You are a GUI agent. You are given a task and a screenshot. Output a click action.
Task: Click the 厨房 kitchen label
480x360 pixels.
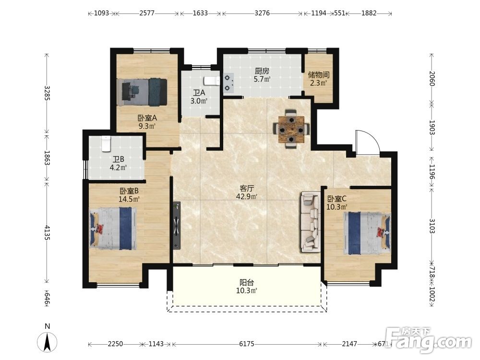pyautogui.click(x=262, y=72)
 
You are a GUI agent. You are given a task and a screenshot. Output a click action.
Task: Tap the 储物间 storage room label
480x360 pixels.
pyautogui.click(x=319, y=75)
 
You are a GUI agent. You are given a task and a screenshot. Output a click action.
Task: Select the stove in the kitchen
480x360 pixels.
pyautogui.click(x=228, y=83)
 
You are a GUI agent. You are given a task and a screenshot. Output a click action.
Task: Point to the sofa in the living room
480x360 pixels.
pyautogui.click(x=311, y=222)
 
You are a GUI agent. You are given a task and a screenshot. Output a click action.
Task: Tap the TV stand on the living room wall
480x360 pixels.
pyautogui.click(x=177, y=226)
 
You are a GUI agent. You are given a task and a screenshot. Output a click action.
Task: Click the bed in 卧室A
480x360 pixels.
pyautogui.click(x=142, y=92)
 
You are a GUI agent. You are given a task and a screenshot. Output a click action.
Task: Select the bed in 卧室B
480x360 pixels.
pyautogui.click(x=113, y=228)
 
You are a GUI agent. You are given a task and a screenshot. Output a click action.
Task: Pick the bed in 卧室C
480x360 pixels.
pyautogui.click(x=367, y=233)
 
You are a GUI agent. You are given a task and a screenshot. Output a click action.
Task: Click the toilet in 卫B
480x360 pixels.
pyautogui.click(x=106, y=144)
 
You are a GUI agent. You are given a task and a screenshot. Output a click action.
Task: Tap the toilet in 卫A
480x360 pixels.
pyautogui.click(x=212, y=81)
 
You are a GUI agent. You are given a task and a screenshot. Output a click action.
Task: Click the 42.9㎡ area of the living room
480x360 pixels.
pyautogui.click(x=246, y=196)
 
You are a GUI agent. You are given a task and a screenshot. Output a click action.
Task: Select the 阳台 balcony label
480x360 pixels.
pyautogui.click(x=246, y=283)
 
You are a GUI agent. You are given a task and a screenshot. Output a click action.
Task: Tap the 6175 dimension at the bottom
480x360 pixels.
pyautogui.click(x=246, y=344)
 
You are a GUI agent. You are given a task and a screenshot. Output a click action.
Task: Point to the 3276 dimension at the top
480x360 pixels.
pyautogui.click(x=262, y=13)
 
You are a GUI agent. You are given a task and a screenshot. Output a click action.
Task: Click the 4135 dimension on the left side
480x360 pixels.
pyautogui.click(x=47, y=233)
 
